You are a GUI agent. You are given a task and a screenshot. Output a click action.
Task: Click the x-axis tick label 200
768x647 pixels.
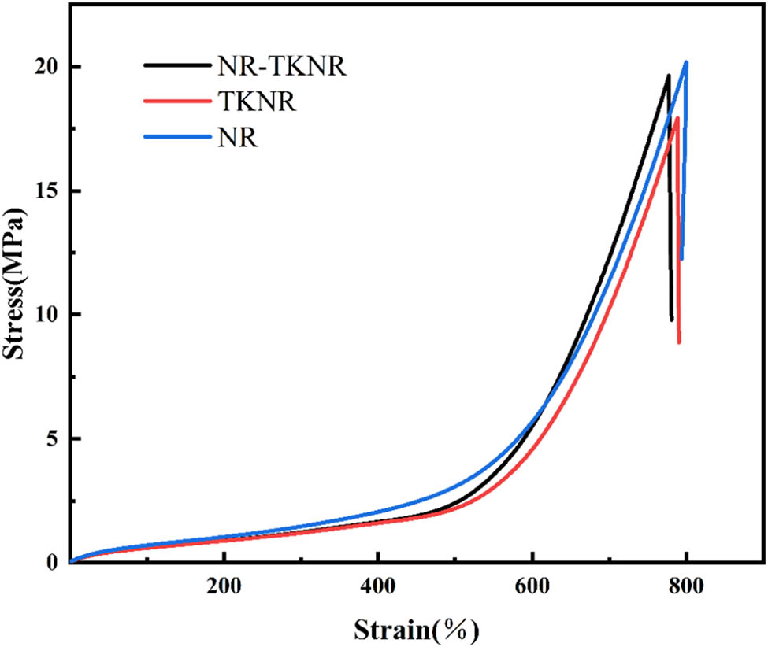(x=224, y=588)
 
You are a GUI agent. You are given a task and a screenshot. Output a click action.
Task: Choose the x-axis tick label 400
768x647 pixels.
(x=378, y=588)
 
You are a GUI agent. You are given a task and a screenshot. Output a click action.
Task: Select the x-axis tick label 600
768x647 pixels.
(x=532, y=588)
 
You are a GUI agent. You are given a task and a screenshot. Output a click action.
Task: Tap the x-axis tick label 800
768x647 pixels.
(x=686, y=588)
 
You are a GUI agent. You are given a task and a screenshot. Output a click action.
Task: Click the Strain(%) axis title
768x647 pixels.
(x=416, y=629)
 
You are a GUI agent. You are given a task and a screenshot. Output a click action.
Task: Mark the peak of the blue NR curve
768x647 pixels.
(x=686, y=63)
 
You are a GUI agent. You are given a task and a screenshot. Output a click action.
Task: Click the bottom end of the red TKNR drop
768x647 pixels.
(x=678, y=342)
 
